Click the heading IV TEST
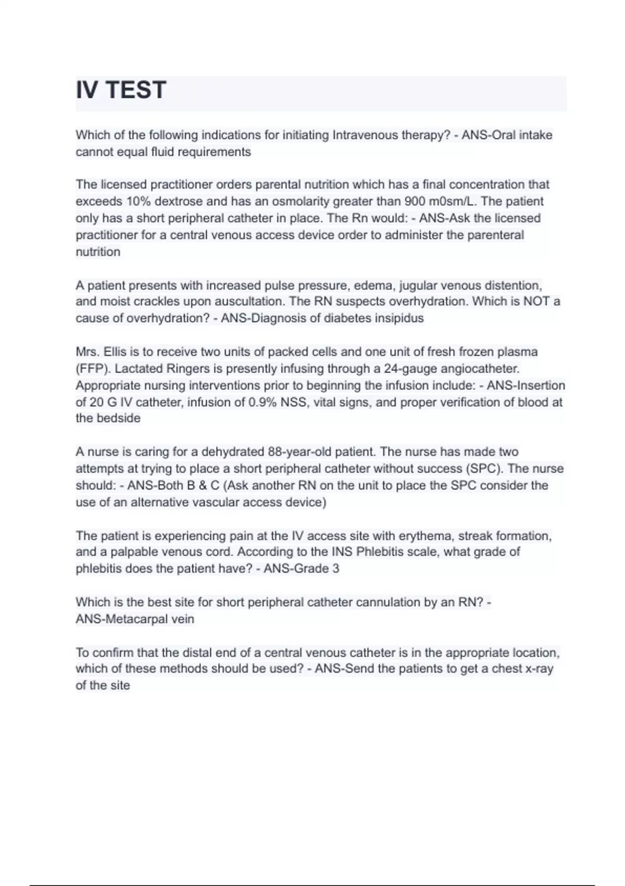coord(121,90)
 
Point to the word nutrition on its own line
coord(98,252)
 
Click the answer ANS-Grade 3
coord(301,569)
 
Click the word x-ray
coord(537,669)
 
